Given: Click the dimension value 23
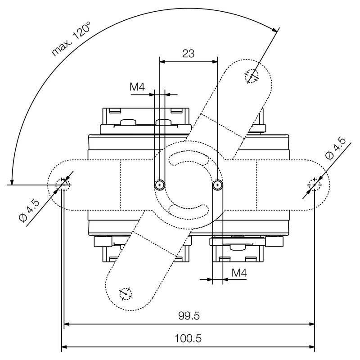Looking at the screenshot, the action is [x=188, y=54].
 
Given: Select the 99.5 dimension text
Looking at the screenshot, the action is [x=189, y=316].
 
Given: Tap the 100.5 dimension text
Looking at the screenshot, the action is [x=188, y=338].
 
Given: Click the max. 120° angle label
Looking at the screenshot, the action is [x=71, y=39].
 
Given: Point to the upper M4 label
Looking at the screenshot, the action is [x=137, y=87].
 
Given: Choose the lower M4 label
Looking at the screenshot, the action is [x=239, y=273].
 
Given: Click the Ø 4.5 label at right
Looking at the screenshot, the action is [x=336, y=148].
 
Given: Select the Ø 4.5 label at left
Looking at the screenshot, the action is [x=29, y=211].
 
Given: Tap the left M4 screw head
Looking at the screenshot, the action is [x=160, y=184].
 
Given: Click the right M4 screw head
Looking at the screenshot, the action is [x=217, y=184].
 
